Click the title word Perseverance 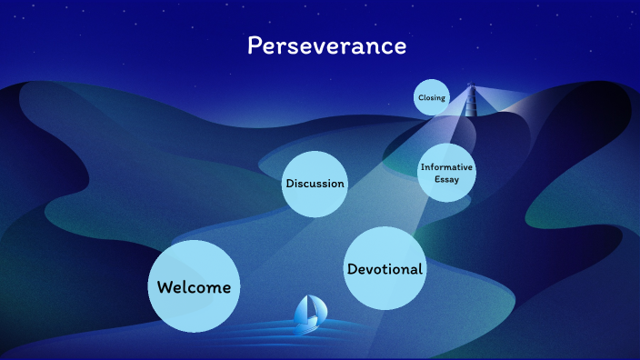[x=326, y=45]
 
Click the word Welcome [x=194, y=287]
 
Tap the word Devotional [x=385, y=269]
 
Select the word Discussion [x=315, y=184]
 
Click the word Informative [x=446, y=167]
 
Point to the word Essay [x=446, y=179]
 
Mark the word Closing [x=432, y=97]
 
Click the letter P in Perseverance [x=255, y=45]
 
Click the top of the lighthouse [x=471, y=86]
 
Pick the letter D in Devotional [x=353, y=269]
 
